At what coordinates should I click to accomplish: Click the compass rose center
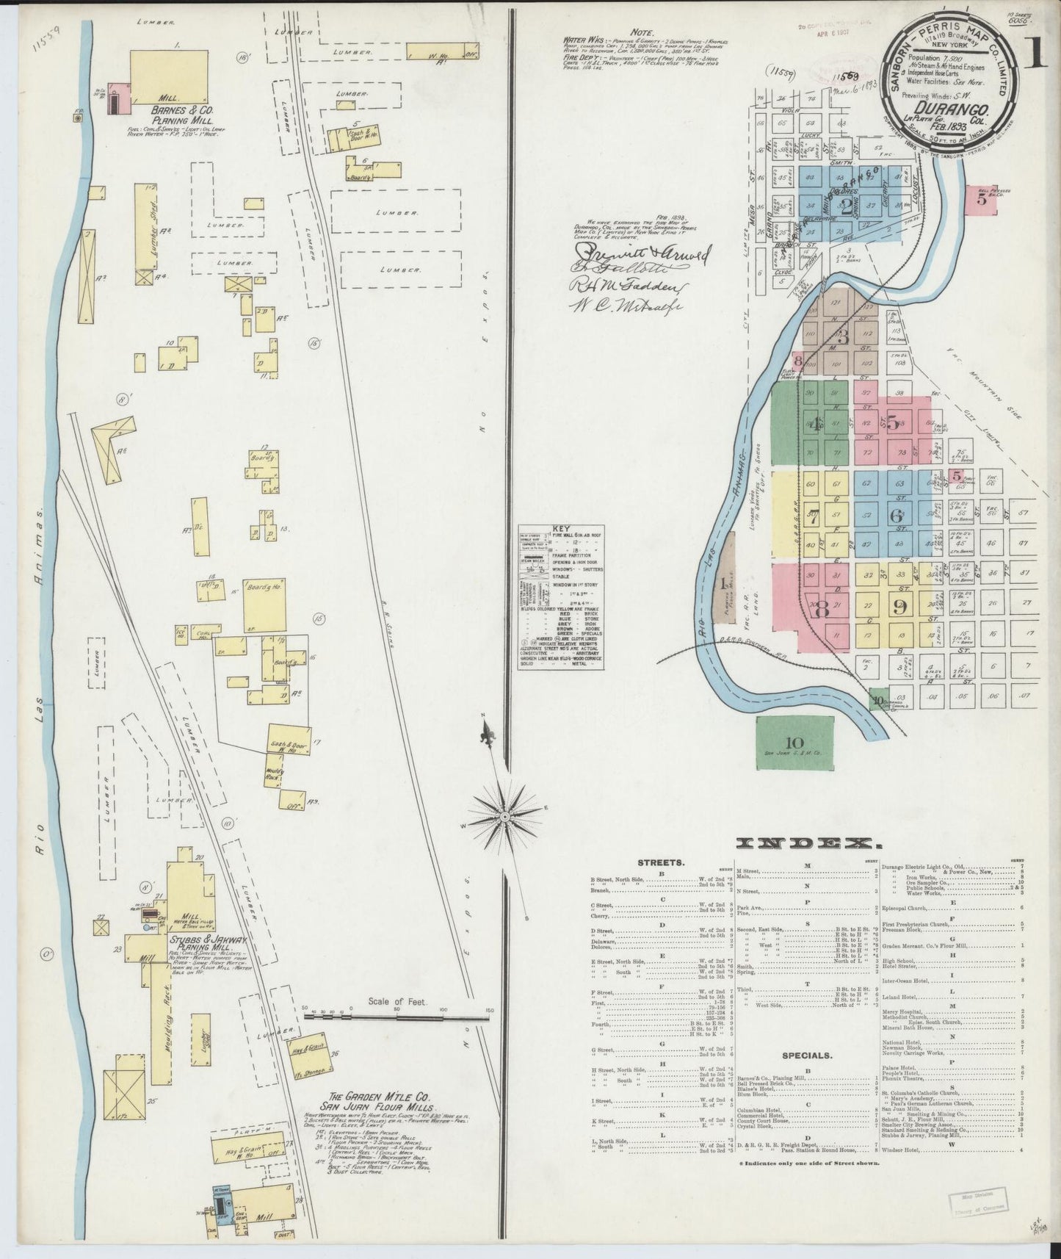505,817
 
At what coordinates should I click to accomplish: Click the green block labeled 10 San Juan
795,742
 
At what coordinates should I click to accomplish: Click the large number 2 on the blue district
846,204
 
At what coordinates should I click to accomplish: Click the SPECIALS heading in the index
806,1056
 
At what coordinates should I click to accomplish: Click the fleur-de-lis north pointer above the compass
485,733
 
